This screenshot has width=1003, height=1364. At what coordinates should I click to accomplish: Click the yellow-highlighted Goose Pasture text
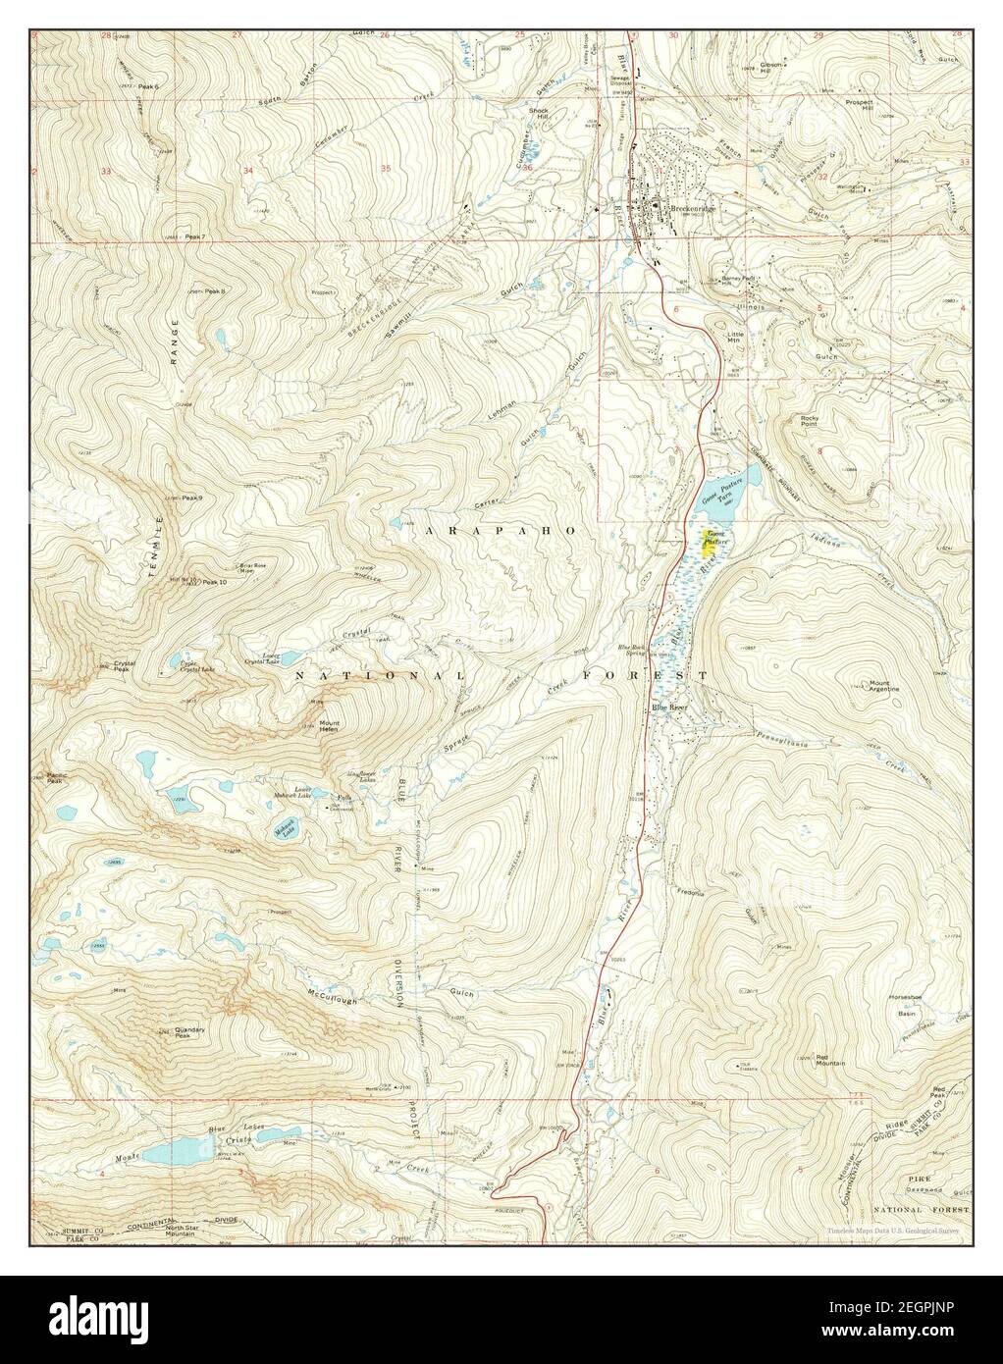tap(709, 542)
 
